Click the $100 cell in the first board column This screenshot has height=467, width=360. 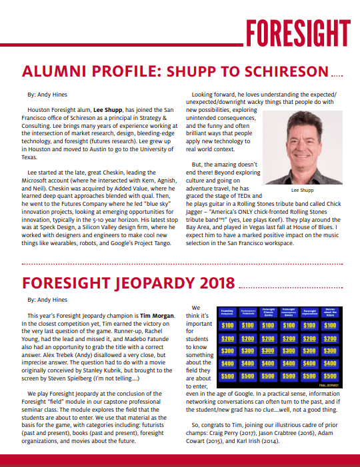coord(228,326)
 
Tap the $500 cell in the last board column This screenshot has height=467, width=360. coord(329,376)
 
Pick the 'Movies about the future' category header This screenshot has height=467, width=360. coord(329,310)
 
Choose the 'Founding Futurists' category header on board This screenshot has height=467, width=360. coord(228,310)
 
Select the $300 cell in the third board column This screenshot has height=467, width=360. coord(269,351)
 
